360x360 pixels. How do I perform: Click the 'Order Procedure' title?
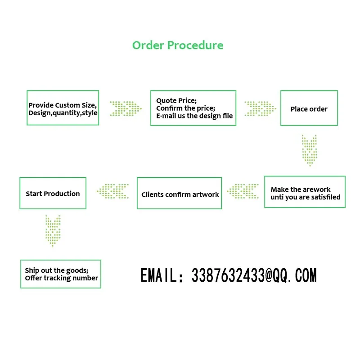[x=178, y=45]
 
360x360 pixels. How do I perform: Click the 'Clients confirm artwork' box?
[x=180, y=194]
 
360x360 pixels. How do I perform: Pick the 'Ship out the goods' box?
[x=61, y=274]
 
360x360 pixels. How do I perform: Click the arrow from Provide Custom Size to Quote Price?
[x=125, y=108]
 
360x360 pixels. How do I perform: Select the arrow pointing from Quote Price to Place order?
[x=260, y=108]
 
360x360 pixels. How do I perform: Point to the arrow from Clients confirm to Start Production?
[x=112, y=191]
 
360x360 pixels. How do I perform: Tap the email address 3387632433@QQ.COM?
[x=254, y=275]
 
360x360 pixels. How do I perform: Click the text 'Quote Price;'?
[x=176, y=100]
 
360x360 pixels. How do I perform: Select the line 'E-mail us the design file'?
[x=194, y=116]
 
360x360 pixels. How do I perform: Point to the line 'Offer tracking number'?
[x=61, y=278]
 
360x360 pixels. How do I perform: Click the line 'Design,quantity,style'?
[x=63, y=112]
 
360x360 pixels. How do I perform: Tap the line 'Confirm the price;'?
[x=186, y=108]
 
